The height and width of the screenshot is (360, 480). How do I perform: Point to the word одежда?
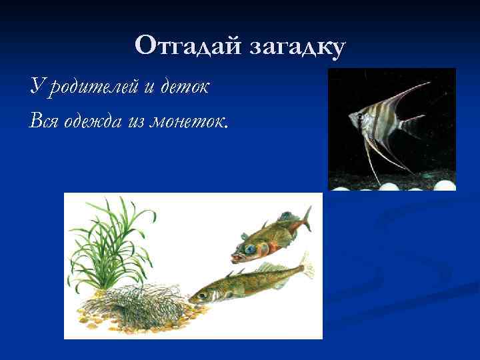click(x=91, y=121)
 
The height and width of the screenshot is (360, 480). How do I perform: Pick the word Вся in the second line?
click(x=43, y=121)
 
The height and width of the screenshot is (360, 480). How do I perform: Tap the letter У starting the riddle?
click(x=36, y=86)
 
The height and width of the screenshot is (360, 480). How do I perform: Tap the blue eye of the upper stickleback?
click(x=249, y=248)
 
